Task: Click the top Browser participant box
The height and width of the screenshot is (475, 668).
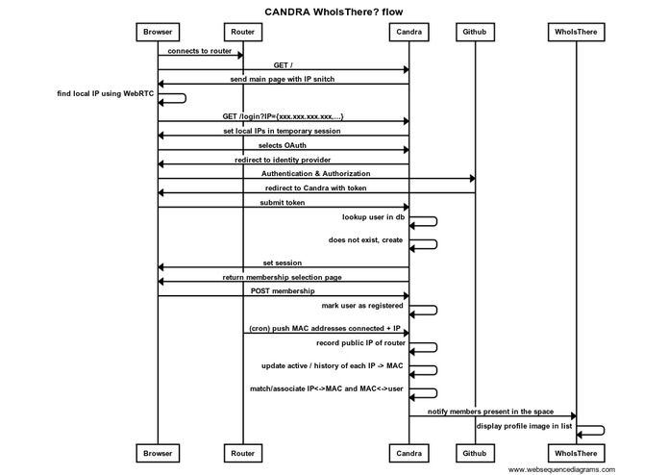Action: pos(159,32)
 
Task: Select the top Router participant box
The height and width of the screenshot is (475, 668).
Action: pos(242,32)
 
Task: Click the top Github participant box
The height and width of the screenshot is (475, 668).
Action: pos(474,32)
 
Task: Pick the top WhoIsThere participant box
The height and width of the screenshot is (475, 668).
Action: pos(577,32)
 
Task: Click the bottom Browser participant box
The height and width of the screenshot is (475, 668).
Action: pos(159,451)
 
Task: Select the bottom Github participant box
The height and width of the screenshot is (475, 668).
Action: pos(474,451)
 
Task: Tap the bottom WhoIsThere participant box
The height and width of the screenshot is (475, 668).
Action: pos(577,451)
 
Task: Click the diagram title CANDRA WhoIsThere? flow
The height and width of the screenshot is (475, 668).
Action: pos(333,11)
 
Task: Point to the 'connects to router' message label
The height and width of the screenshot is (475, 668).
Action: pos(200,51)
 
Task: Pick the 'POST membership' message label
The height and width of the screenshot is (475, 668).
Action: pos(284,290)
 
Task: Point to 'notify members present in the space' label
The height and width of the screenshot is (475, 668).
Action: pos(492,410)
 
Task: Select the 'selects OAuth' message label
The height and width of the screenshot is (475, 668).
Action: pos(283,145)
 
